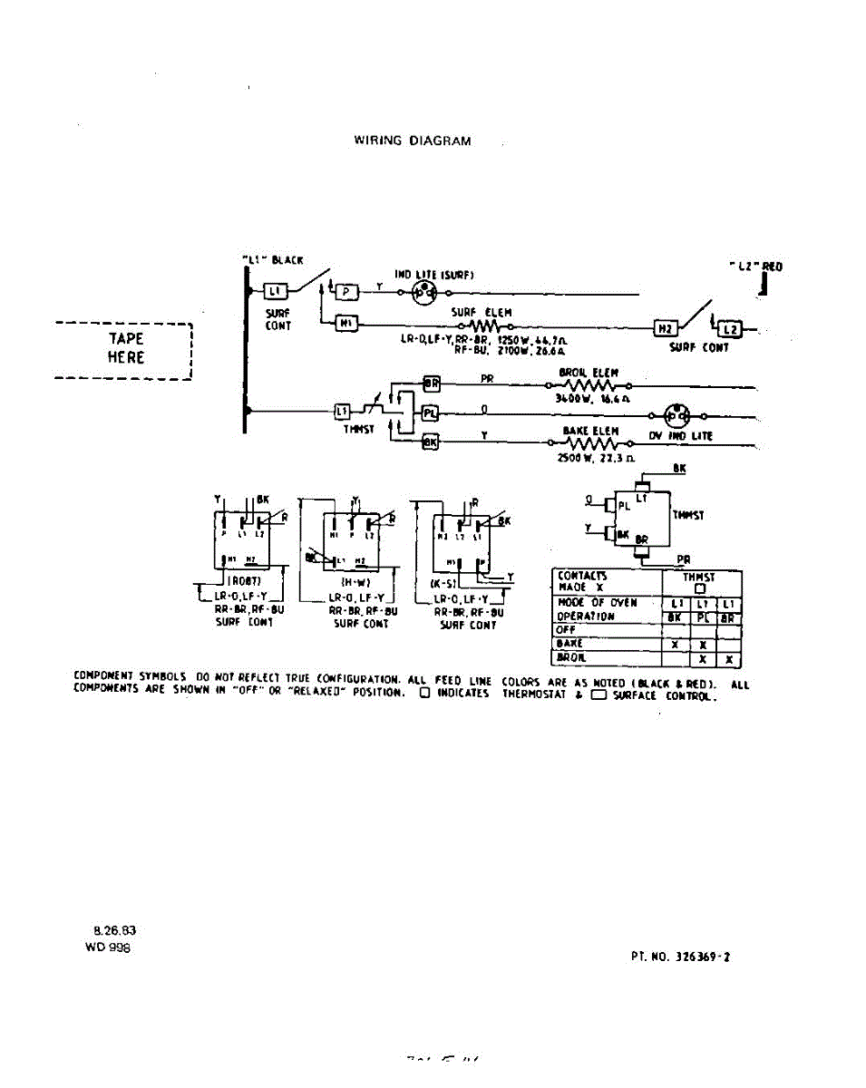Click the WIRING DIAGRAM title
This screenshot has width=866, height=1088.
point(412,141)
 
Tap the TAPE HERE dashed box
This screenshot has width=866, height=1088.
point(124,349)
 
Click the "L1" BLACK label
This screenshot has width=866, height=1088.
point(273,260)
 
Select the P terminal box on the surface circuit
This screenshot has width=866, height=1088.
point(348,291)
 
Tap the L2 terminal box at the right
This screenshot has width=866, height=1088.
point(732,328)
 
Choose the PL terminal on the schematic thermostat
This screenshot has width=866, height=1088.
point(432,414)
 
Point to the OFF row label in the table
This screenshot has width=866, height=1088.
point(566,629)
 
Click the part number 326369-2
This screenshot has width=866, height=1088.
point(701,956)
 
